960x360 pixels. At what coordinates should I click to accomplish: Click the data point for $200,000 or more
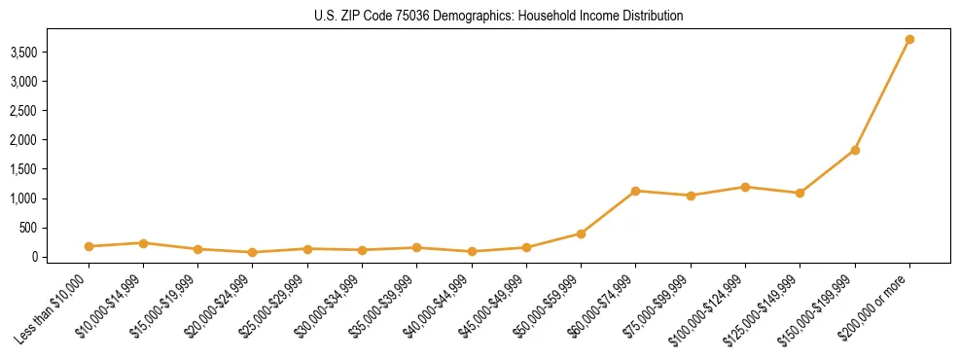(909, 39)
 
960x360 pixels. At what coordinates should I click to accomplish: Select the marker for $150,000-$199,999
(855, 150)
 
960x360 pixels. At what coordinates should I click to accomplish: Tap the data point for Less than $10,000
(89, 246)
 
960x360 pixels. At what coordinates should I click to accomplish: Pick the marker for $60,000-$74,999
(636, 191)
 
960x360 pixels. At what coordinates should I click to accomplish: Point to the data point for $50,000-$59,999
(581, 234)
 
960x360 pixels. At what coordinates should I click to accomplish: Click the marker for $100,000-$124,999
(745, 187)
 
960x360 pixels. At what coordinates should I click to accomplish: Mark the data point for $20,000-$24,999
(253, 252)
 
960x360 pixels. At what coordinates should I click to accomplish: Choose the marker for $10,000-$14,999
(143, 243)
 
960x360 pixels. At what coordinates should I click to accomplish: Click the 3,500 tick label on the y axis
(36, 52)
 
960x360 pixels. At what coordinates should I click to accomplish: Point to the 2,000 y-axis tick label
(36, 140)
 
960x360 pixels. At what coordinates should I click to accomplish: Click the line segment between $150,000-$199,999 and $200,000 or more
(882, 94)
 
